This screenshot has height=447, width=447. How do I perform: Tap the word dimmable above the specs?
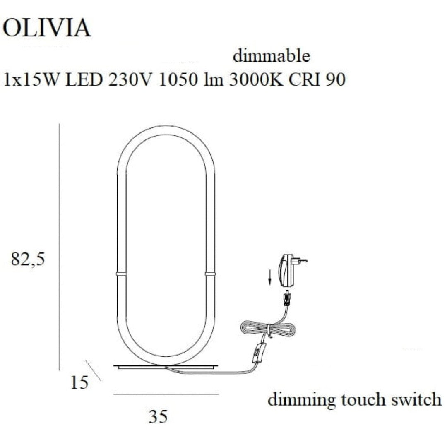[x=271, y=56]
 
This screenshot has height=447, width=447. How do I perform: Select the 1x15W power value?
[x=31, y=80]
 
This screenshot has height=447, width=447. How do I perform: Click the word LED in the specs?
[x=84, y=80]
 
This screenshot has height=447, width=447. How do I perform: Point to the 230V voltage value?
[x=130, y=80]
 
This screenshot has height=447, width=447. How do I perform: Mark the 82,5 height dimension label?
[x=28, y=260]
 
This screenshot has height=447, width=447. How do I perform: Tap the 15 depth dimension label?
[x=79, y=382]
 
